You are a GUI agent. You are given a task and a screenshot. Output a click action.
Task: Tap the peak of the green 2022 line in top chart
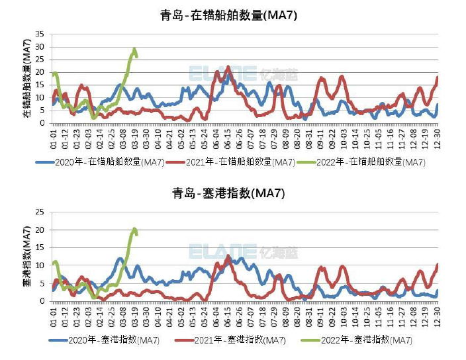134,49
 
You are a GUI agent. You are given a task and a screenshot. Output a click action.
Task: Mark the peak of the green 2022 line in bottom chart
134,229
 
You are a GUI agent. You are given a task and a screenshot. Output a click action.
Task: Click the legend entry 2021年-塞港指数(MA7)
231,340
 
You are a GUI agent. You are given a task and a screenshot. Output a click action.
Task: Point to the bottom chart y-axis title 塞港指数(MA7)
27,257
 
